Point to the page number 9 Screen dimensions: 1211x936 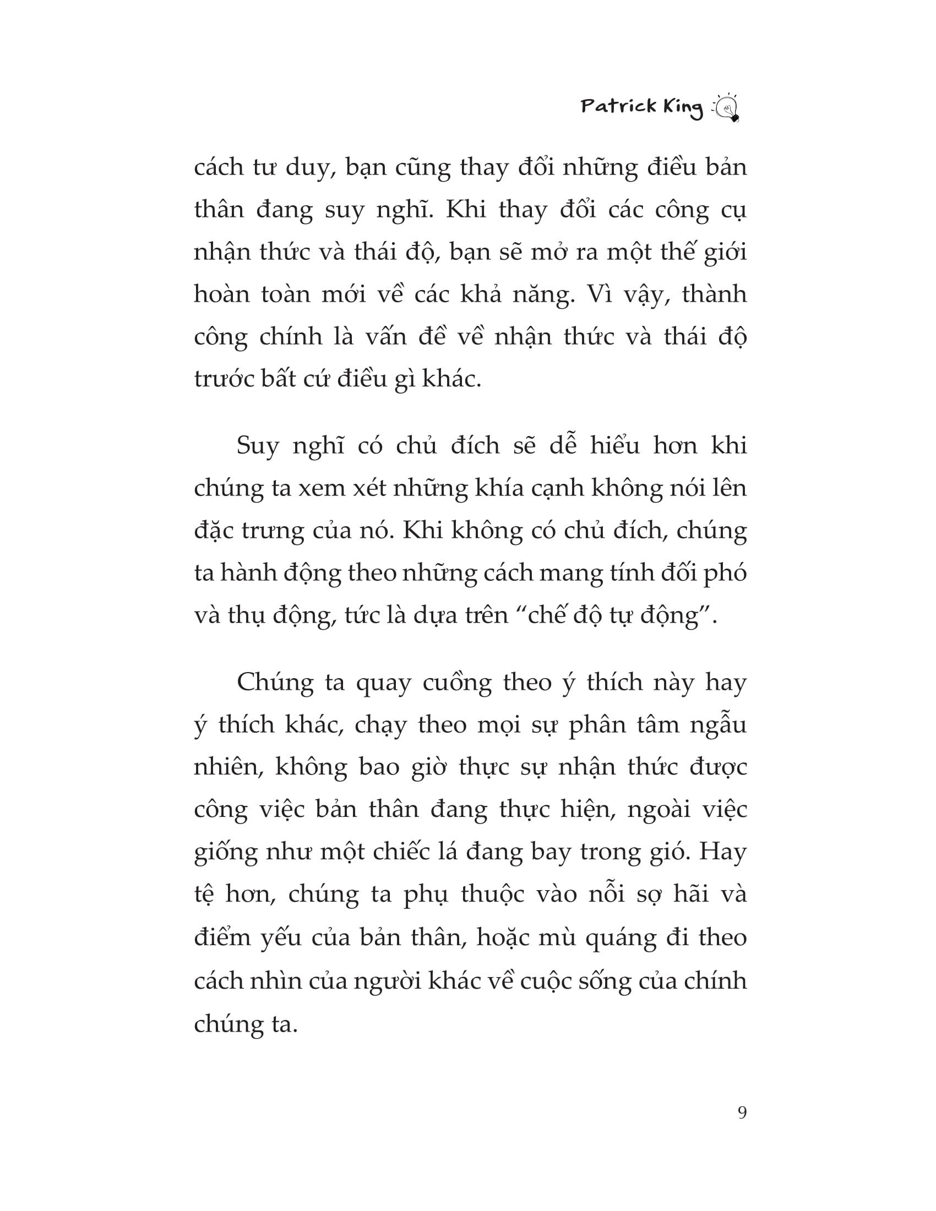click(x=742, y=1113)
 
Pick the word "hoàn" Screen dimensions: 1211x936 click(x=221, y=294)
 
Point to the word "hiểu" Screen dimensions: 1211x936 click(x=615, y=446)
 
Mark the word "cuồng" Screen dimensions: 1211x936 click(x=457, y=683)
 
